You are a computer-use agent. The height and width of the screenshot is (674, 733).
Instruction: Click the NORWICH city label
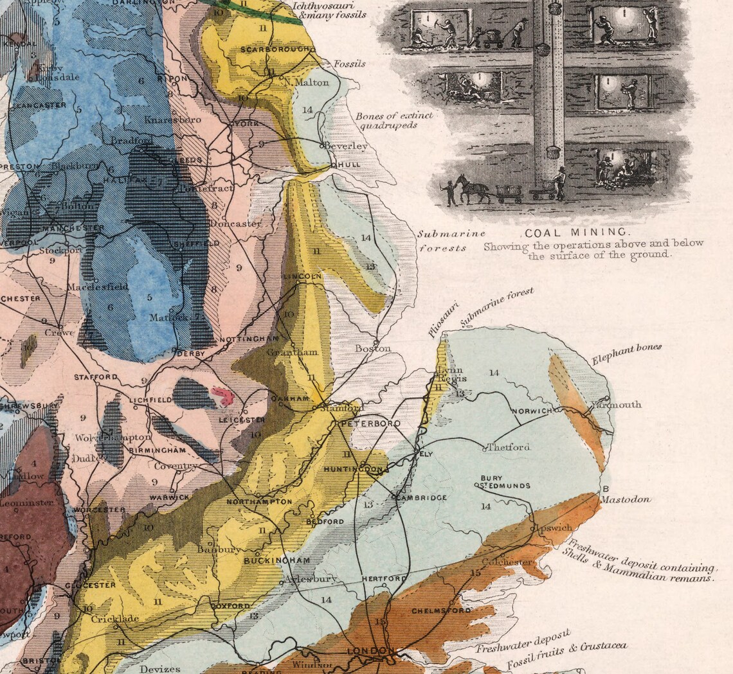(x=532, y=411)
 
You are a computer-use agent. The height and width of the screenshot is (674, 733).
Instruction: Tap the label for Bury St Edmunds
(x=505, y=482)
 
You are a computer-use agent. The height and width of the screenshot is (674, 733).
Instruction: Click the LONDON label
(x=369, y=652)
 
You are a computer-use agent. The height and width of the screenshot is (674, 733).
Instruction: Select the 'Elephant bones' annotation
(x=626, y=355)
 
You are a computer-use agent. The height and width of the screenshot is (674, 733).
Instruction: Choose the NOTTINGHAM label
(x=249, y=339)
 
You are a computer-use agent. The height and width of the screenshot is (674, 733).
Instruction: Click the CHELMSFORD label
(x=442, y=611)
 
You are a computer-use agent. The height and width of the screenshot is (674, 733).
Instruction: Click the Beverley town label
(x=346, y=146)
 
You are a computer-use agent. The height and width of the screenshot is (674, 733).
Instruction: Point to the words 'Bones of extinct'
(x=394, y=116)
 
